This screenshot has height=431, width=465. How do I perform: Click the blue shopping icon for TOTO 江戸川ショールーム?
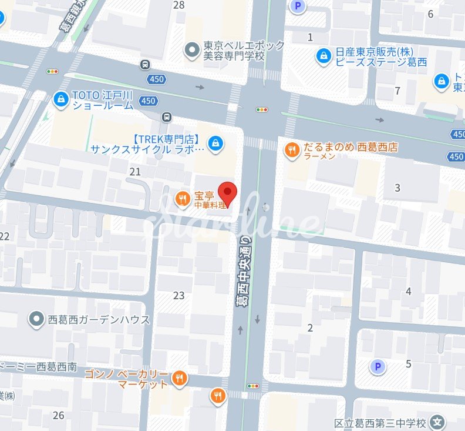click(x=60, y=99)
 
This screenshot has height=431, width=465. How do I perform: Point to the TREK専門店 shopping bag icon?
click(x=216, y=143)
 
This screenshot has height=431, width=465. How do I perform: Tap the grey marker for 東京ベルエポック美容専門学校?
click(x=190, y=51)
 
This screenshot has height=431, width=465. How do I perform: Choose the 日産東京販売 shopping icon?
click(x=323, y=56)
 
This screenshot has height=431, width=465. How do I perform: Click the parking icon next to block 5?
click(x=377, y=367)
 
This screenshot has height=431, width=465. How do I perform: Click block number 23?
click(x=179, y=295)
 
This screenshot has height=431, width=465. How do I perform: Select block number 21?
click(x=136, y=172)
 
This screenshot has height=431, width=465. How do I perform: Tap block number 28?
click(x=179, y=5)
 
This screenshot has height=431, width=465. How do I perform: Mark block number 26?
click(x=58, y=416)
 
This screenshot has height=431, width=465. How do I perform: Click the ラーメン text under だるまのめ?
click(x=319, y=157)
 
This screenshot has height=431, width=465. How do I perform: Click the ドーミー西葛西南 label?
click(x=39, y=366)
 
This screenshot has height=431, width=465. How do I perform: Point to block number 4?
click(x=408, y=291)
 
